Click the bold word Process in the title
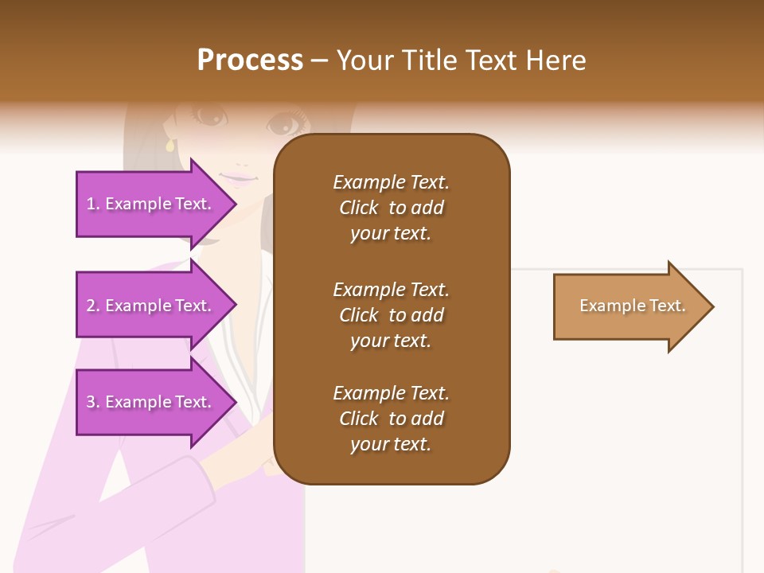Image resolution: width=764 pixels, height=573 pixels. tap(250, 60)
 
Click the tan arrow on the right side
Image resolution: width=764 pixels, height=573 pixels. tap(629, 306)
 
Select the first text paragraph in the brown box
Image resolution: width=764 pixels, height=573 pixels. tap(391, 208)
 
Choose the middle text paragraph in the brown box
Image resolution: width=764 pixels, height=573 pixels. tap(391, 315)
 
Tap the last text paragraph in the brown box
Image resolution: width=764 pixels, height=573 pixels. tap(391, 419)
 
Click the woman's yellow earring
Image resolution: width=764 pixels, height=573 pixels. tap(170, 146)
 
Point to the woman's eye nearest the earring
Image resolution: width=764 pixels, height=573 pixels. tap(209, 116)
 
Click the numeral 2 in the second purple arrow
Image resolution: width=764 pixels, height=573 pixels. tap(91, 306)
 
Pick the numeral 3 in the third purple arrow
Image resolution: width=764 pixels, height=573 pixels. tap(91, 402)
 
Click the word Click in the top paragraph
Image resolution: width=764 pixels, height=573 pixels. tap(358, 208)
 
